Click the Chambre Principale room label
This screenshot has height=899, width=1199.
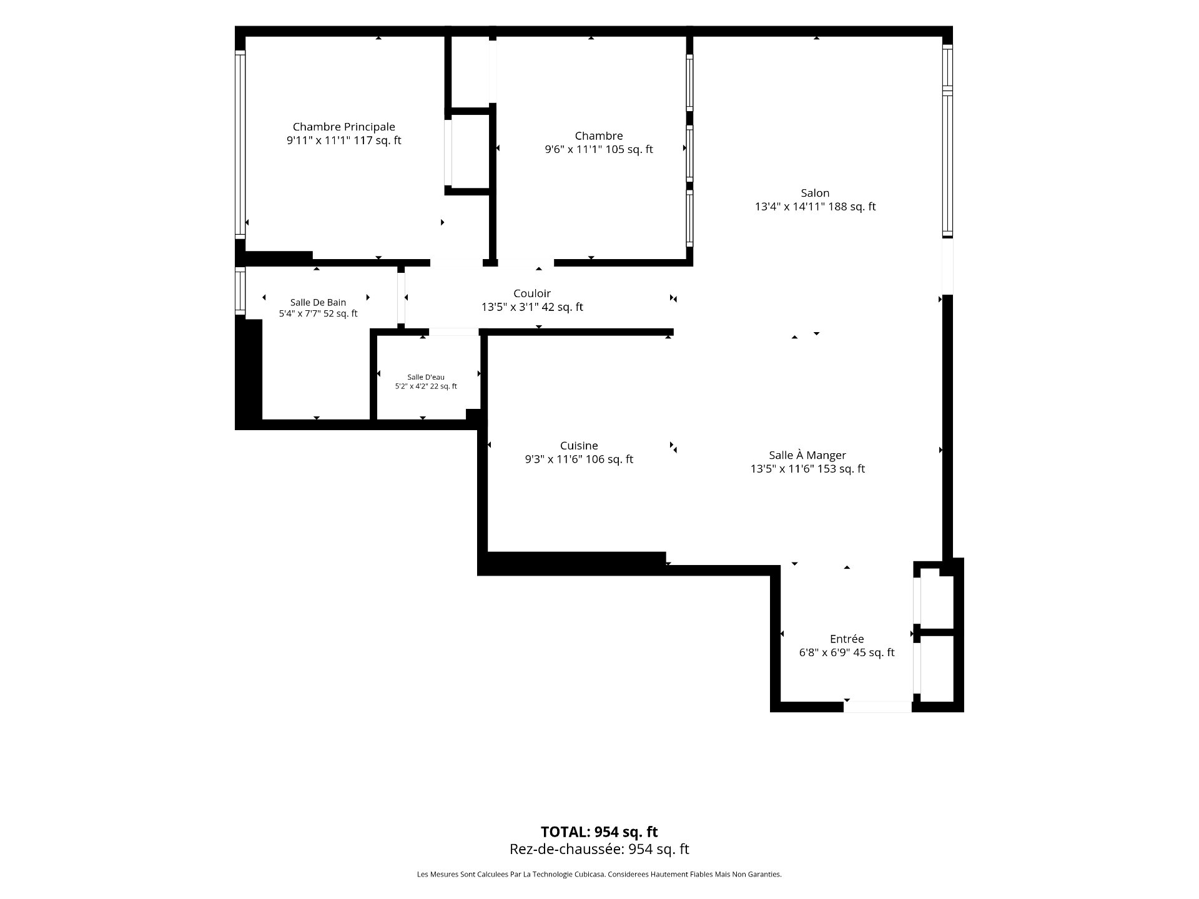pyautogui.click(x=344, y=127)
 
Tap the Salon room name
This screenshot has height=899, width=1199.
pyautogui.click(x=815, y=193)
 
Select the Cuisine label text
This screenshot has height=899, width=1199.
pyautogui.click(x=579, y=446)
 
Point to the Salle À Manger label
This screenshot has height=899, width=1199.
pyautogui.click(x=807, y=455)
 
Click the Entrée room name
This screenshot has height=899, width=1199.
pyautogui.click(x=847, y=639)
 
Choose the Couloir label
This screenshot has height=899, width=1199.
pyautogui.click(x=532, y=293)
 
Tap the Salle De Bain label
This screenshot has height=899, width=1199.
pyautogui.click(x=318, y=303)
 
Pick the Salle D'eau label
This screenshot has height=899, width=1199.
pyautogui.click(x=426, y=377)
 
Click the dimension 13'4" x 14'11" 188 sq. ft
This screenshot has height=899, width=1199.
pyautogui.click(x=815, y=207)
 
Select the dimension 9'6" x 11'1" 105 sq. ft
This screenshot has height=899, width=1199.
pyautogui.click(x=599, y=149)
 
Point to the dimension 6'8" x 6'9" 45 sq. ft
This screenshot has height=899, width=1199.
pyautogui.click(x=847, y=652)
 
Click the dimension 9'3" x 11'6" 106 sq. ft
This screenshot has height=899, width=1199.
pyautogui.click(x=579, y=459)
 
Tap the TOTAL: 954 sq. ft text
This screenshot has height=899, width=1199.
pyautogui.click(x=599, y=832)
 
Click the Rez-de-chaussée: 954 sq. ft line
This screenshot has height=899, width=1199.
pyautogui.click(x=599, y=849)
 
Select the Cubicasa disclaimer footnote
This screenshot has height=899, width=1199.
pyautogui.click(x=599, y=875)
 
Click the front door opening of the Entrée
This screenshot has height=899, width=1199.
pyautogui.click(x=877, y=707)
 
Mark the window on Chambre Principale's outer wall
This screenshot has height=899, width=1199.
pyautogui.click(x=240, y=144)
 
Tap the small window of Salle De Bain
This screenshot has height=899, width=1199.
pyautogui.click(x=240, y=290)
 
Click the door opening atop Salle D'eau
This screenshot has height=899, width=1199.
pyautogui.click(x=453, y=332)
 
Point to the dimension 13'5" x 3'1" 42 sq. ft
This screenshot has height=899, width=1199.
pyautogui.click(x=532, y=307)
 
